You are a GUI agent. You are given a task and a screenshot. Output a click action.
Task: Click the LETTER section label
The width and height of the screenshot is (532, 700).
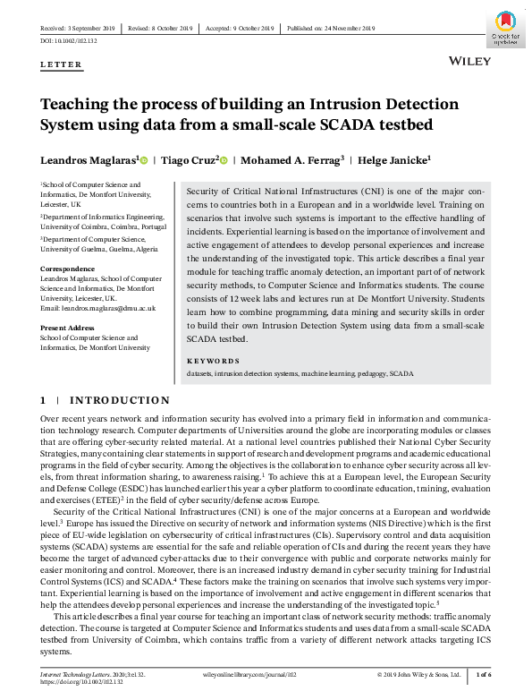click(62, 65)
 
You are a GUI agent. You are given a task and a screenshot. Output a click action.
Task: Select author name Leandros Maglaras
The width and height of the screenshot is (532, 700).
click(86, 161)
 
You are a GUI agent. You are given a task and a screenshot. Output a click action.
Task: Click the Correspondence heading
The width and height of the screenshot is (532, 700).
click(69, 269)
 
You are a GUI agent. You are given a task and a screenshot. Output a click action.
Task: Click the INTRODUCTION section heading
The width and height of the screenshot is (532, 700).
click(120, 400)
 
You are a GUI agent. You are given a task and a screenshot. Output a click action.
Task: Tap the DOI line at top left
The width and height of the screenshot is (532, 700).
click(69, 41)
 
